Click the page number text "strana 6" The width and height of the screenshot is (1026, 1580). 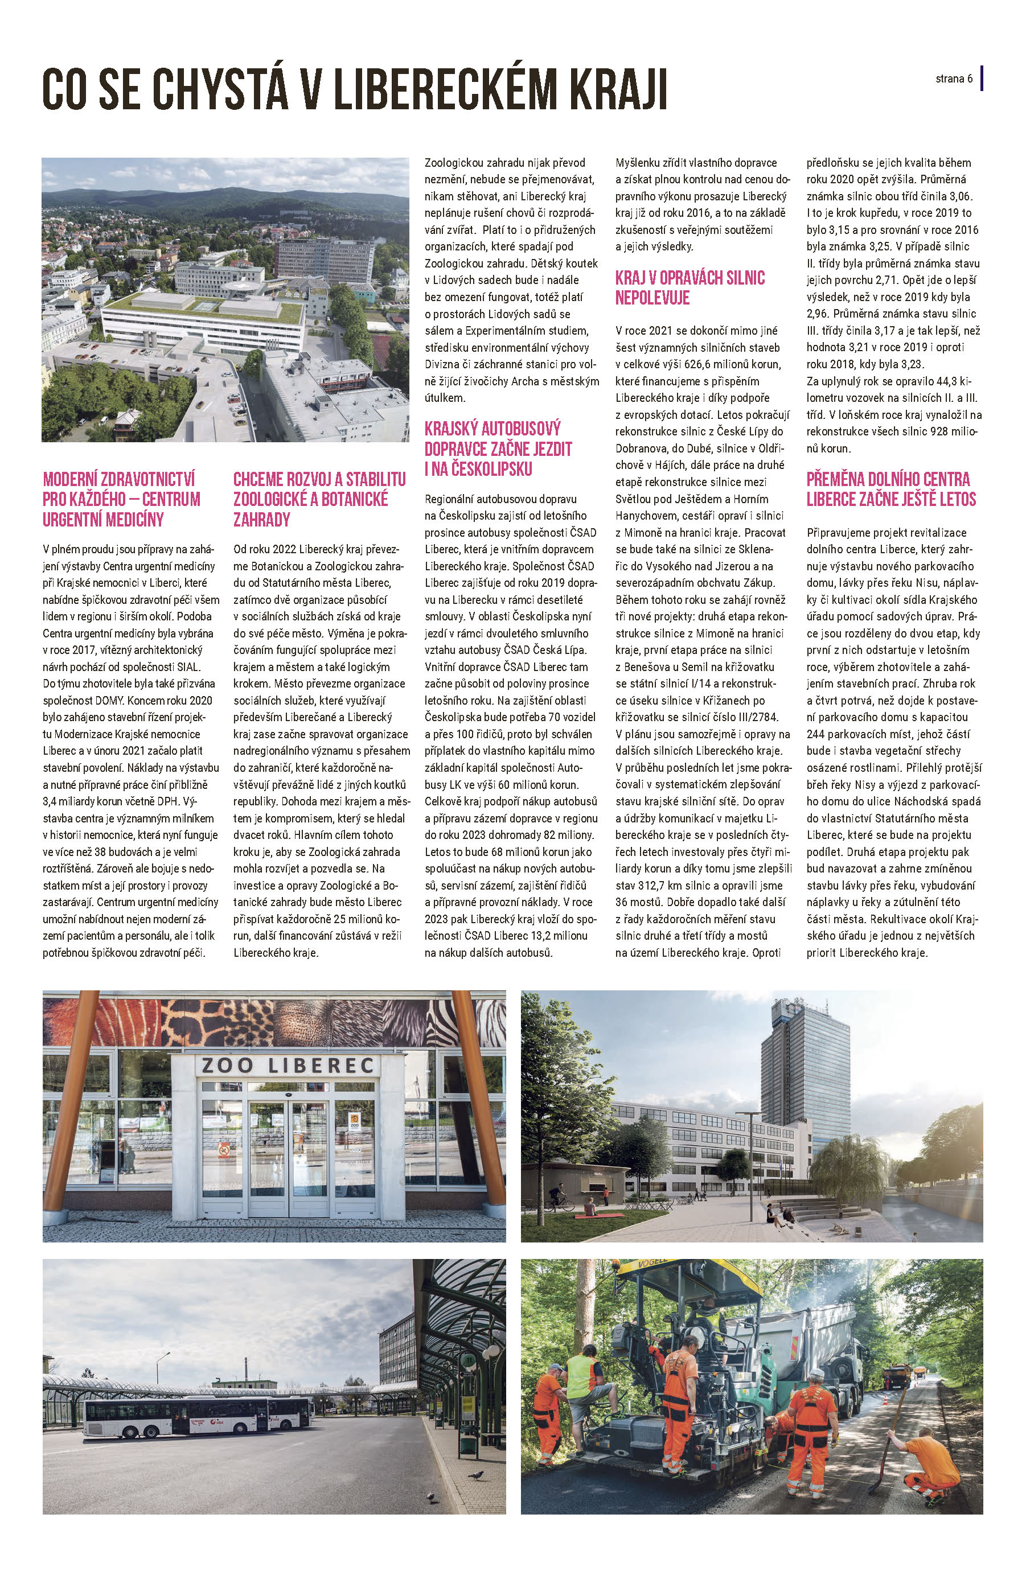(954, 79)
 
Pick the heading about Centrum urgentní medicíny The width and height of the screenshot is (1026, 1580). (121, 499)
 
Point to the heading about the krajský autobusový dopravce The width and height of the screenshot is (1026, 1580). (498, 448)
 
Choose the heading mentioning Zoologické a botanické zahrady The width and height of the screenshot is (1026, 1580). (319, 499)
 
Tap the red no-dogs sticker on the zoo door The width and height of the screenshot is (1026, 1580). (223, 1149)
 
